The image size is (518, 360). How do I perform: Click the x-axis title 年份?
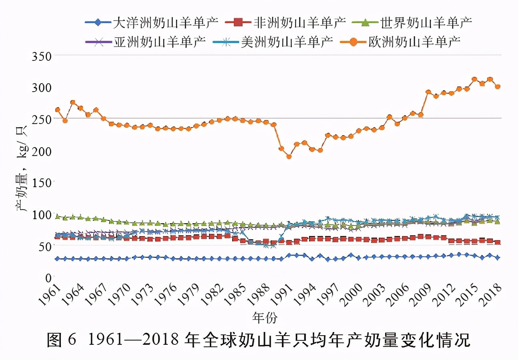click(x=265, y=318)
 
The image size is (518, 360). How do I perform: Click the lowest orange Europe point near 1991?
click(x=289, y=156)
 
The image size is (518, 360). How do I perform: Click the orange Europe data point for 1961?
click(x=57, y=110)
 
